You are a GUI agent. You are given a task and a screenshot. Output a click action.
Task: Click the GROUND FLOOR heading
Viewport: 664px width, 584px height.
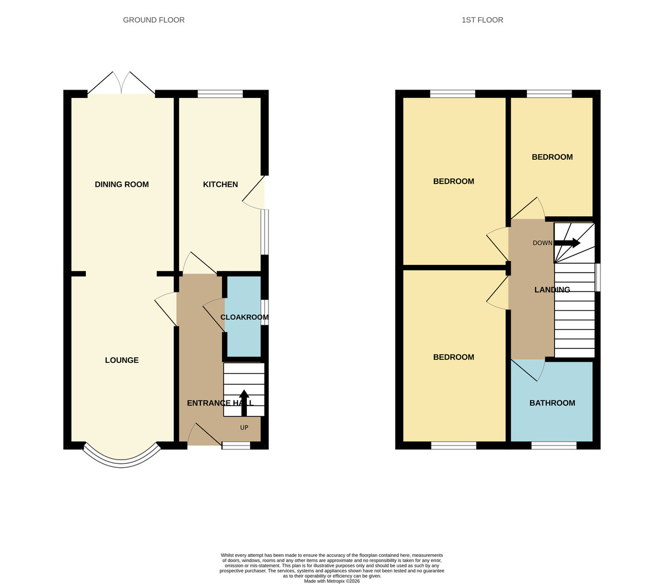(x=154, y=20)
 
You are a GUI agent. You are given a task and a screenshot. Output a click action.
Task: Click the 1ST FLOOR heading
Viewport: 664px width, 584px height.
(x=482, y=20)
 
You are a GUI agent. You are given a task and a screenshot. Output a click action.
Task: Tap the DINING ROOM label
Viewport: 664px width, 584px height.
(x=122, y=184)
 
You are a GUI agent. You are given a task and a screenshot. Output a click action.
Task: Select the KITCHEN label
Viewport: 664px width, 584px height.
(x=220, y=184)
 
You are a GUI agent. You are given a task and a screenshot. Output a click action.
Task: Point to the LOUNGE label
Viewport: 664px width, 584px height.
(x=122, y=360)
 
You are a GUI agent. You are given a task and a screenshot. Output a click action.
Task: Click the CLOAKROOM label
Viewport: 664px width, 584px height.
(x=245, y=317)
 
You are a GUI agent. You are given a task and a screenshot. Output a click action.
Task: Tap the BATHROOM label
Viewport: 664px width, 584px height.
(x=552, y=403)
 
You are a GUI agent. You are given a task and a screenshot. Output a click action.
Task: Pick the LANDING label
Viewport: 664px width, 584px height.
(x=552, y=290)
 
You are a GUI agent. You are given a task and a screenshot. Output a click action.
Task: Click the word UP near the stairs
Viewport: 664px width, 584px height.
(x=244, y=427)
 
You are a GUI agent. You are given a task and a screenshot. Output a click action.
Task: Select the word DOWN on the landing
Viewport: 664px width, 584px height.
(x=542, y=243)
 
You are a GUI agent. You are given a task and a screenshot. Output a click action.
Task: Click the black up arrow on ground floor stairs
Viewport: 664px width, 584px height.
(x=244, y=403)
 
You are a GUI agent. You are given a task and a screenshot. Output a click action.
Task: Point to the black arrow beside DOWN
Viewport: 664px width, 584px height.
(x=567, y=243)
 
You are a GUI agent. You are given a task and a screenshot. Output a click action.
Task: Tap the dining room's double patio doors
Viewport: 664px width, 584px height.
(x=121, y=83)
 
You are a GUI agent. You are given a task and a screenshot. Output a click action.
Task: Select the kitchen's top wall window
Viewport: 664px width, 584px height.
(x=220, y=94)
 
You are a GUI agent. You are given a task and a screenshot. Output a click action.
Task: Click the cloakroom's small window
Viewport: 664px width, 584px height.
(x=265, y=312)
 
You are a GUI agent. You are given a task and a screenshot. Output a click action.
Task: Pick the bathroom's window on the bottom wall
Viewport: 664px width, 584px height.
(x=554, y=445)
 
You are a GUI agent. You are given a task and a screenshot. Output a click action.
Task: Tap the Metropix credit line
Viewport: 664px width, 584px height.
(x=331, y=581)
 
